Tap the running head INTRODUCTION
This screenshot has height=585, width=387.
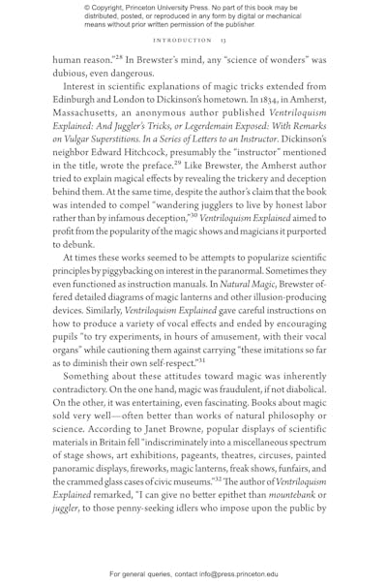181,41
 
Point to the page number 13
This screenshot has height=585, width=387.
223,41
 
